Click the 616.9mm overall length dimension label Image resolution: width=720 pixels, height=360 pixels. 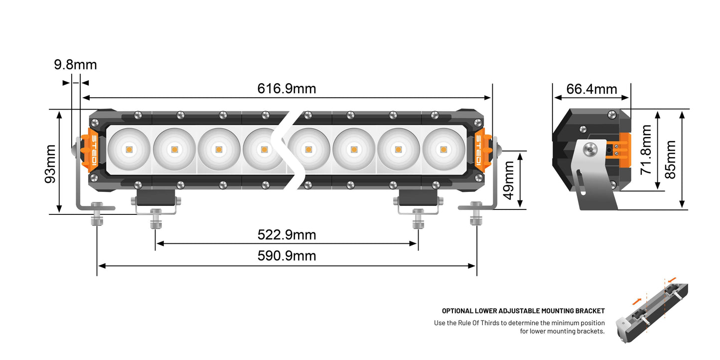(x=287, y=89)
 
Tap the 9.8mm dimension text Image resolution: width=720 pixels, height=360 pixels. (x=75, y=65)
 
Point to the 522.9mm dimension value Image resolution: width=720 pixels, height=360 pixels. (x=287, y=234)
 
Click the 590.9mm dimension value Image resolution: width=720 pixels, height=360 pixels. (x=287, y=256)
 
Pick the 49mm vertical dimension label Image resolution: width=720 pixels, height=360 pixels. (x=509, y=180)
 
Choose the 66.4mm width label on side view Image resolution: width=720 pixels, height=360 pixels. (x=592, y=89)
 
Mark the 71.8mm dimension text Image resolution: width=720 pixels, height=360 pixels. (x=646, y=150)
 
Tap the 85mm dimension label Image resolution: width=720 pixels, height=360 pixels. (x=670, y=160)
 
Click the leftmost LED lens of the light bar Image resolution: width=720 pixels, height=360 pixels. (x=129, y=149)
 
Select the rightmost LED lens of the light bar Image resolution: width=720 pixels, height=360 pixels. (x=443, y=149)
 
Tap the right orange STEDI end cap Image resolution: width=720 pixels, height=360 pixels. (x=479, y=150)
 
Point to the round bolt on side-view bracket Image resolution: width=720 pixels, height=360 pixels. (x=590, y=148)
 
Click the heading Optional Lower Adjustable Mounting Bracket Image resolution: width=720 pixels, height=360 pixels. (x=523, y=311)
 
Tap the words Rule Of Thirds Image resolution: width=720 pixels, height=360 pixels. (x=478, y=323)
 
